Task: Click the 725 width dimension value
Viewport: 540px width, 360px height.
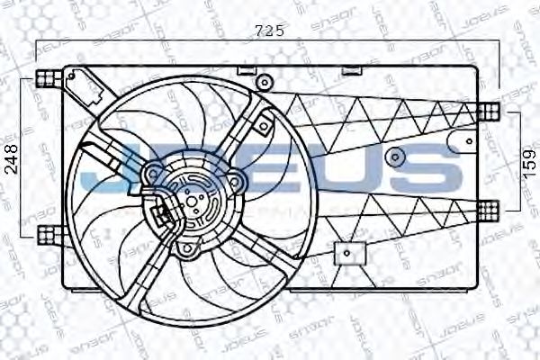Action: pos(269,31)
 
